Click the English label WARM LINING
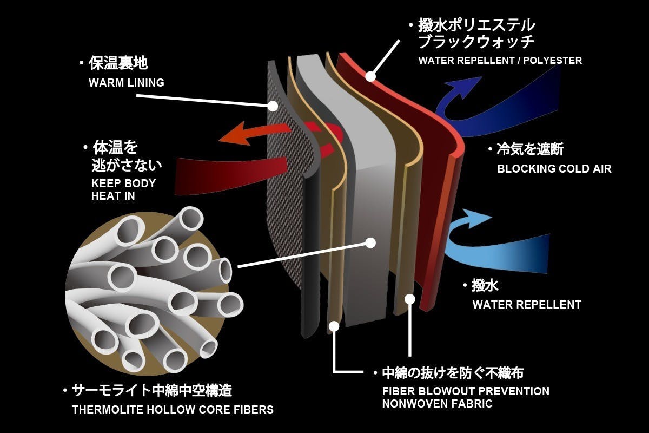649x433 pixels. [126, 83]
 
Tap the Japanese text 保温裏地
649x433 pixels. [118, 63]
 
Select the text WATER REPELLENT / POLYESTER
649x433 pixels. [500, 61]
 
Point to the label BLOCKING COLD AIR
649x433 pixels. [554, 169]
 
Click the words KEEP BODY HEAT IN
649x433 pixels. [123, 189]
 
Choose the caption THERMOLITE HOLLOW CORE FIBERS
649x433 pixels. [173, 410]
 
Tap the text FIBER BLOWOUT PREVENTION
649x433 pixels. [465, 391]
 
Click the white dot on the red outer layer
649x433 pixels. [370, 76]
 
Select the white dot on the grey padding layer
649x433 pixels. [370, 243]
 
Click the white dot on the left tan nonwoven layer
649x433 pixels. [334, 326]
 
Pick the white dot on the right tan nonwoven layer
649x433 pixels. [410, 298]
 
